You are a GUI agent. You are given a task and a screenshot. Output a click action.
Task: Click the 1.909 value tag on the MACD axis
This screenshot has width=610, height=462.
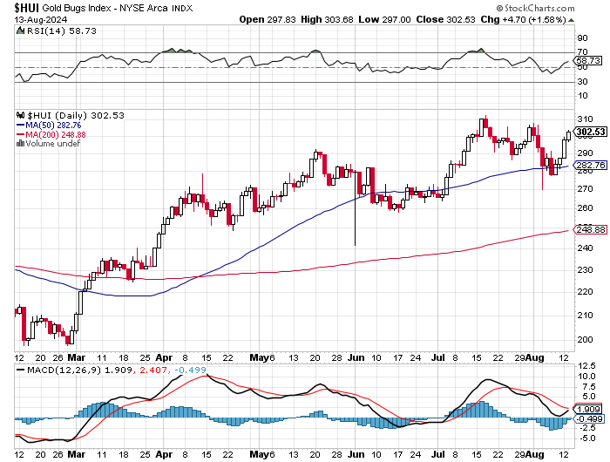(588, 409)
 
